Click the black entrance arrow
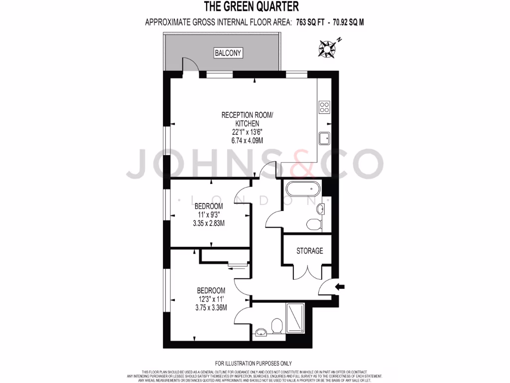click(x=341, y=286)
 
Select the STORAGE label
click(x=310, y=251)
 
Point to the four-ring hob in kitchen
click(x=324, y=107)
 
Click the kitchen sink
click(x=324, y=137)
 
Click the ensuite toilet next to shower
click(x=277, y=327)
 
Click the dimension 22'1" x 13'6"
click(x=248, y=132)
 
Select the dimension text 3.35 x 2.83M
click(x=209, y=223)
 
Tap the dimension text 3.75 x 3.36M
click(x=211, y=307)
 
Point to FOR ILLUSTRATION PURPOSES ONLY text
click(x=254, y=364)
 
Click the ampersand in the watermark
click(x=300, y=163)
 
